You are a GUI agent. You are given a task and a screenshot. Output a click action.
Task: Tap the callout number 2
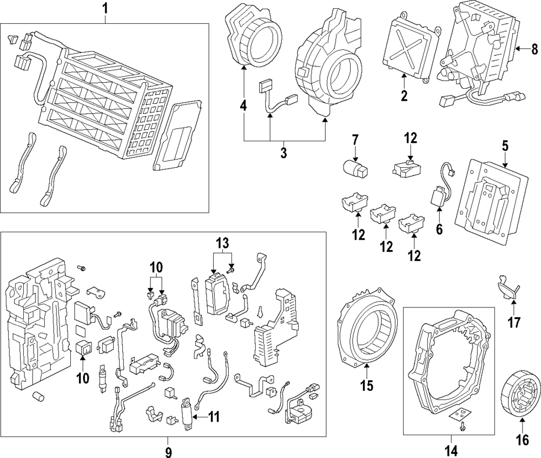tap(404, 97)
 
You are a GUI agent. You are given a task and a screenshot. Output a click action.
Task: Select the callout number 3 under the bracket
tap(283, 153)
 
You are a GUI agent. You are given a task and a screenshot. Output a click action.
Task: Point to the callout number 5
tap(505, 146)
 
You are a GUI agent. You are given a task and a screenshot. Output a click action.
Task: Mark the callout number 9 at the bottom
tap(168, 450)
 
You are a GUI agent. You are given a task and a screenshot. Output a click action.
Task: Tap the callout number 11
tap(214, 416)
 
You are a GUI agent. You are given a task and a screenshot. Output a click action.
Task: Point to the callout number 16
tap(523, 440)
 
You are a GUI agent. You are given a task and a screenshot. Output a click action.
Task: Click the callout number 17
tap(513, 323)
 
